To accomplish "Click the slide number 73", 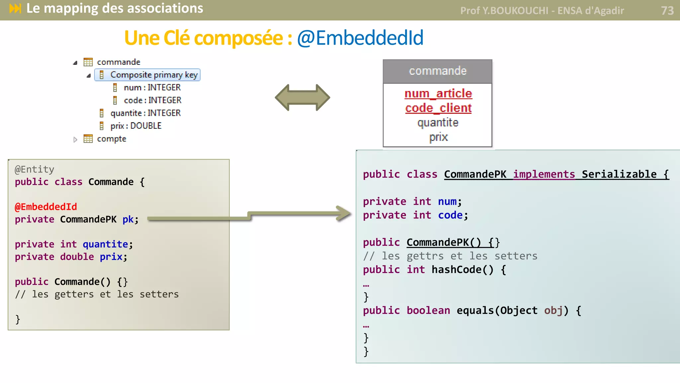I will click(x=667, y=11).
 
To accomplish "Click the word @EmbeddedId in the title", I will click(x=360, y=38).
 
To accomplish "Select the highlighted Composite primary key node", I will click(x=148, y=75).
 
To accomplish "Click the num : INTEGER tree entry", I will click(x=152, y=87).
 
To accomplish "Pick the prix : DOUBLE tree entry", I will click(x=135, y=126).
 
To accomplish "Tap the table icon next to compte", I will click(x=88, y=139).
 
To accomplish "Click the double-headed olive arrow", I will click(x=302, y=97).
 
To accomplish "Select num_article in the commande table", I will click(x=438, y=94).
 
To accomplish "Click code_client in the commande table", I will click(x=438, y=108).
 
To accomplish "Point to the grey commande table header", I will click(x=437, y=71).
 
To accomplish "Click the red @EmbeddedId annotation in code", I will click(x=46, y=207).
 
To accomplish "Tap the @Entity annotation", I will click(x=34, y=170).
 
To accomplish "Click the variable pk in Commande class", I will click(x=128, y=219).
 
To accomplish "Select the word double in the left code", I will click(x=77, y=257).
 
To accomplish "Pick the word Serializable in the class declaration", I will click(x=619, y=174).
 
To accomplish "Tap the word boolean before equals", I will click(x=428, y=311).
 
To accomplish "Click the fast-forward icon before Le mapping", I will click(x=15, y=8).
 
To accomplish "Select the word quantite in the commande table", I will click(x=438, y=123).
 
